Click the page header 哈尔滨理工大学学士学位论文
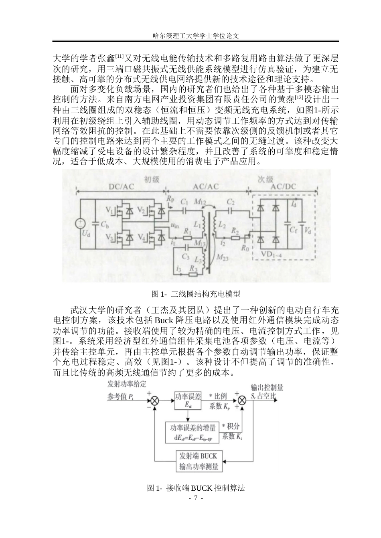196,36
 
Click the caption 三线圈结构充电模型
205,294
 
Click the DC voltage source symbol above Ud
80,224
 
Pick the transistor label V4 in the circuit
142,237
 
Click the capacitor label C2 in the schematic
231,202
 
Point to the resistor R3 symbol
193,274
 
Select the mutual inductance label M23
222,257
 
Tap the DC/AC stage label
121,187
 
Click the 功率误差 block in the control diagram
188,400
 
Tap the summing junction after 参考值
155,401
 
